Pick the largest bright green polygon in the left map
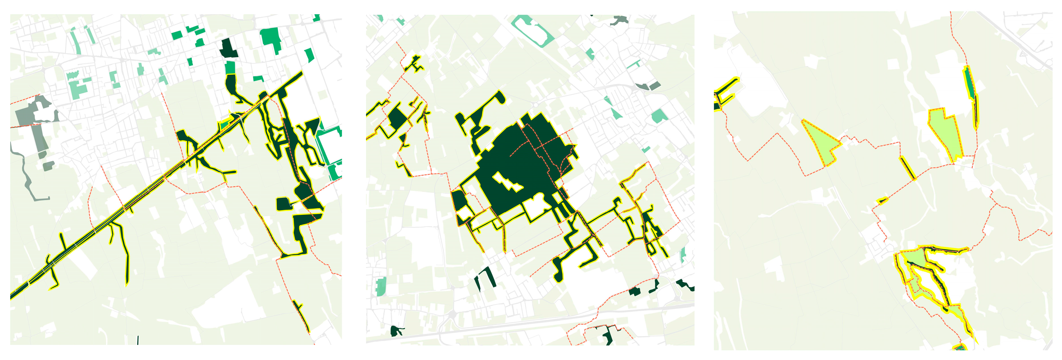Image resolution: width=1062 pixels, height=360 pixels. click(271, 39)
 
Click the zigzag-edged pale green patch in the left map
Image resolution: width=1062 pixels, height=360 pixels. click(73, 75)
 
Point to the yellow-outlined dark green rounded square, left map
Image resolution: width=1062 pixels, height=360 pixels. click(283, 204)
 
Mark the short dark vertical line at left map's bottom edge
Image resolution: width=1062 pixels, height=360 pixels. click(138, 340)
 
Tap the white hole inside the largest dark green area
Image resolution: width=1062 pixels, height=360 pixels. click(508, 182)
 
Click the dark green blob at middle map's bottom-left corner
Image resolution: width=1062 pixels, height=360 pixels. click(396, 331)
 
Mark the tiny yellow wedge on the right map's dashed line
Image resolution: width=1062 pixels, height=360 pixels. click(882, 201)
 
